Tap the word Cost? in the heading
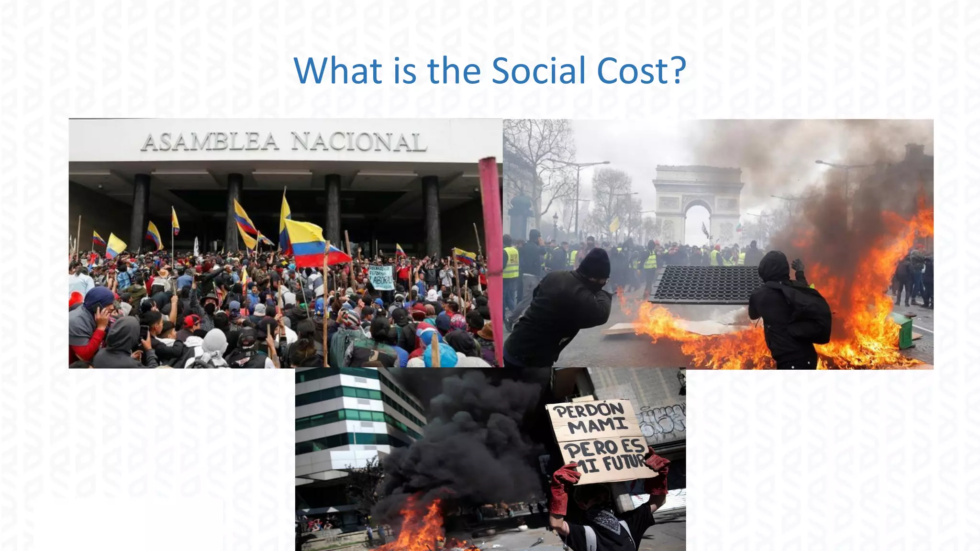(x=641, y=71)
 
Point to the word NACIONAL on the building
(x=358, y=142)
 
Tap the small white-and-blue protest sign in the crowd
(x=381, y=277)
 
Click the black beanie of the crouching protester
(x=594, y=264)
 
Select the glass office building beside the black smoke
(x=354, y=421)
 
